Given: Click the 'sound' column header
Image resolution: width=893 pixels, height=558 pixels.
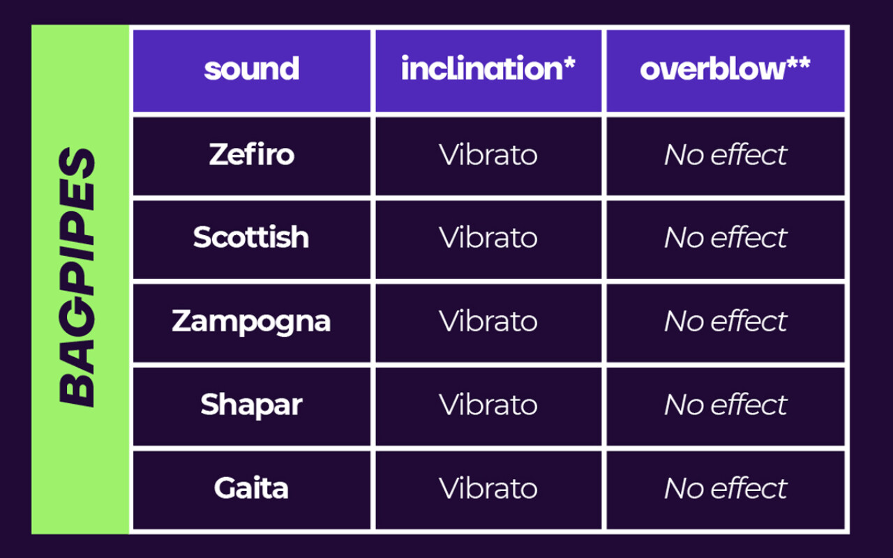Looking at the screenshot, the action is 252,69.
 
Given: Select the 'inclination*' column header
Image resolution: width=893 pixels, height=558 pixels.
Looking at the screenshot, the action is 488,68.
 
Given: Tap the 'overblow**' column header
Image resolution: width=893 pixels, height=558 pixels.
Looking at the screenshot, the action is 725,68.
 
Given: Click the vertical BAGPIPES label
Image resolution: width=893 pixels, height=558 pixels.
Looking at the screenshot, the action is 77,278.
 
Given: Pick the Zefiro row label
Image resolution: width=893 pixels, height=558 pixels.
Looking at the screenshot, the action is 252,154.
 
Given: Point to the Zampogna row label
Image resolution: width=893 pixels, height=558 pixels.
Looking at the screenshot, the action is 251,322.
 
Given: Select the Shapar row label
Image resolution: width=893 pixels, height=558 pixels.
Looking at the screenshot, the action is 252,405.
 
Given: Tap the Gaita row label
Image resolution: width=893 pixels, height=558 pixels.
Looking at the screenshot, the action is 251,488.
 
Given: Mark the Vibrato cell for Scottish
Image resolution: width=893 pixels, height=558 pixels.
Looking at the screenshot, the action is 488,237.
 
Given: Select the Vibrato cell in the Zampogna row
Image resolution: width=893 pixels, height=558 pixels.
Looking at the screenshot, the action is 488,321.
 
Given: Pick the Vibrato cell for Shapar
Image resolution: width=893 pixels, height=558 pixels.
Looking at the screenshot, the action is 488,405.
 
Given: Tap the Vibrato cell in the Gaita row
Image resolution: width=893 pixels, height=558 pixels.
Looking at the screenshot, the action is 488,488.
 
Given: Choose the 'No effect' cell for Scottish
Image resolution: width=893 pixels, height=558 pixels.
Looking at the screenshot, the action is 726,237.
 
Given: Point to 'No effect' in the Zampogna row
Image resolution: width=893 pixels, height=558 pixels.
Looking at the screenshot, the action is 726,321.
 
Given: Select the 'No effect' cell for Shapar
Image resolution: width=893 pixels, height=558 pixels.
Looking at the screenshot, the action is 726,405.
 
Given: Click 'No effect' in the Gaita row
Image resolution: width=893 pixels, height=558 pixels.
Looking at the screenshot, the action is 726,488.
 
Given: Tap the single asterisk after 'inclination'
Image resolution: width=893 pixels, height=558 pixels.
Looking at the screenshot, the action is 570,62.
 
